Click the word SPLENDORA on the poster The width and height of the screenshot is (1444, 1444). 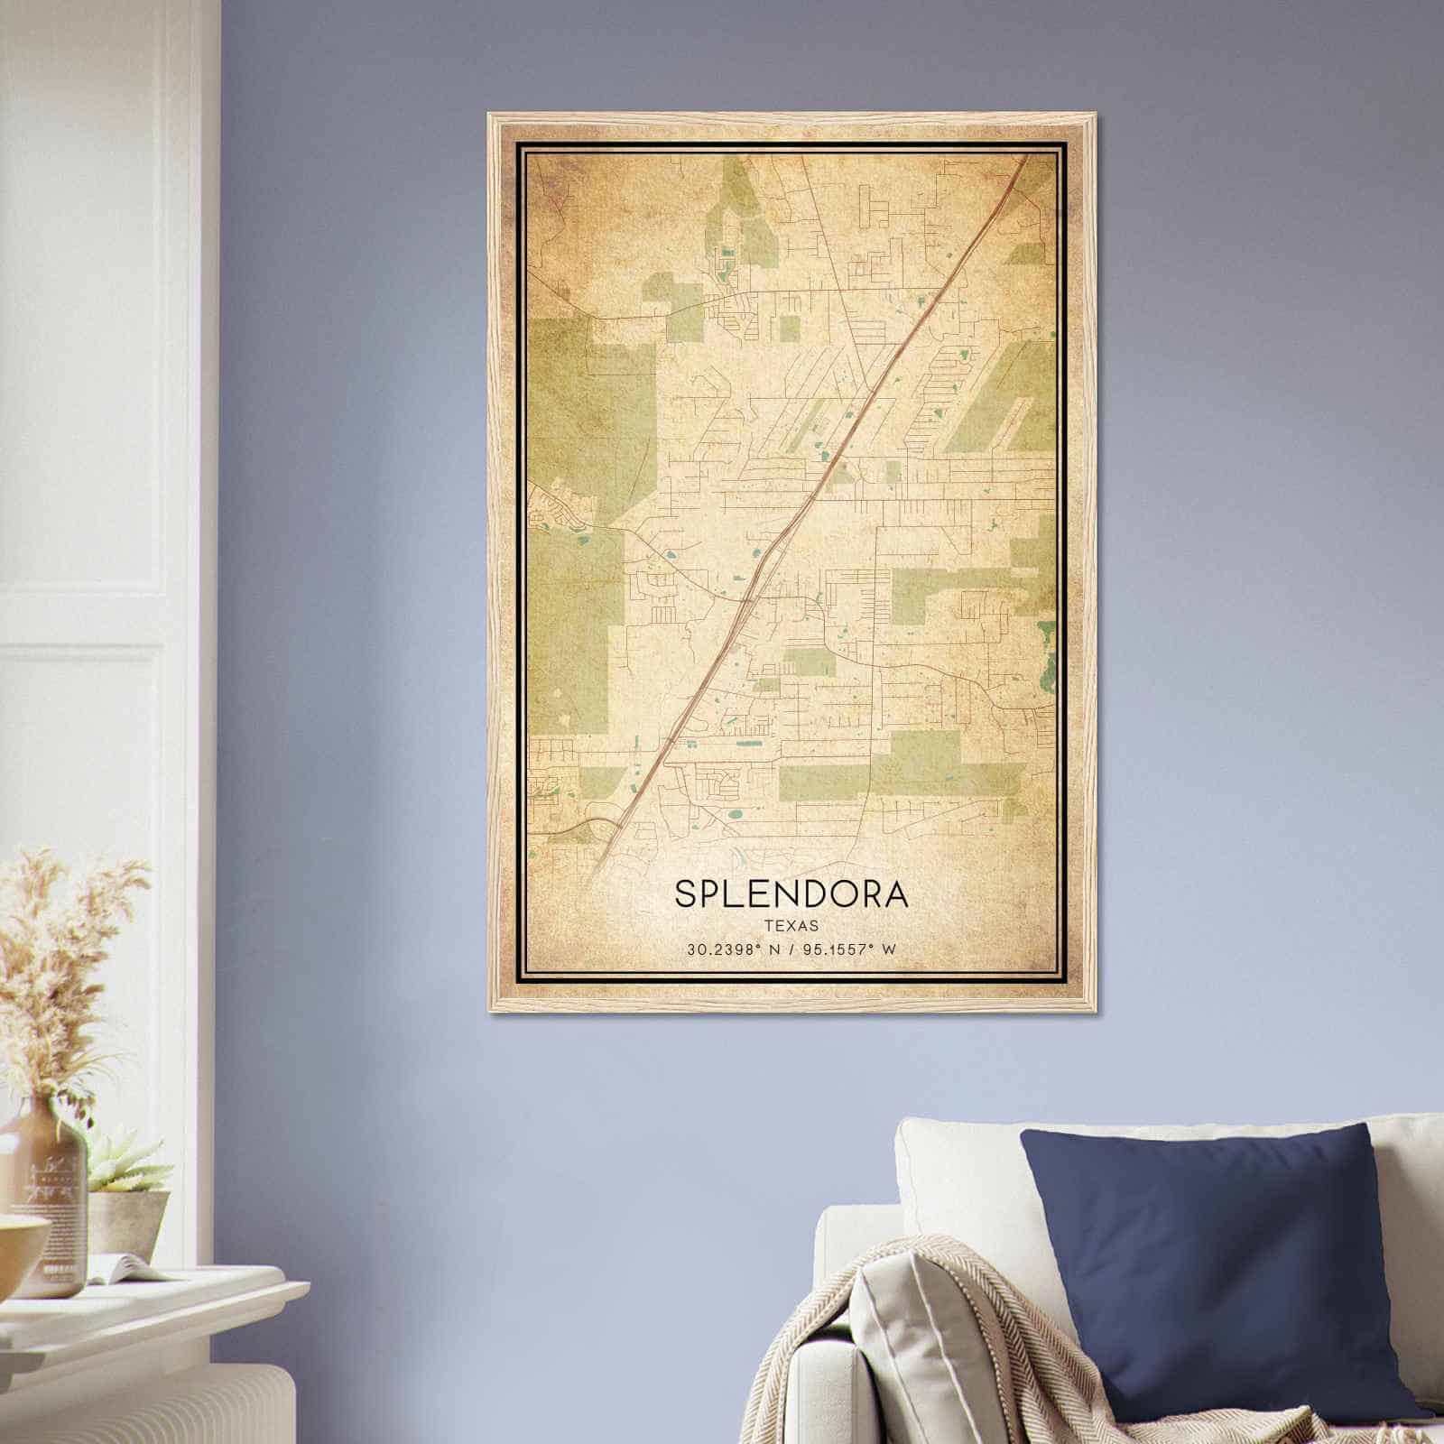point(791,893)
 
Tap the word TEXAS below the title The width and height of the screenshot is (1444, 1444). point(791,926)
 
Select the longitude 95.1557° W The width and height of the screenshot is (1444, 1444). point(852,949)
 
